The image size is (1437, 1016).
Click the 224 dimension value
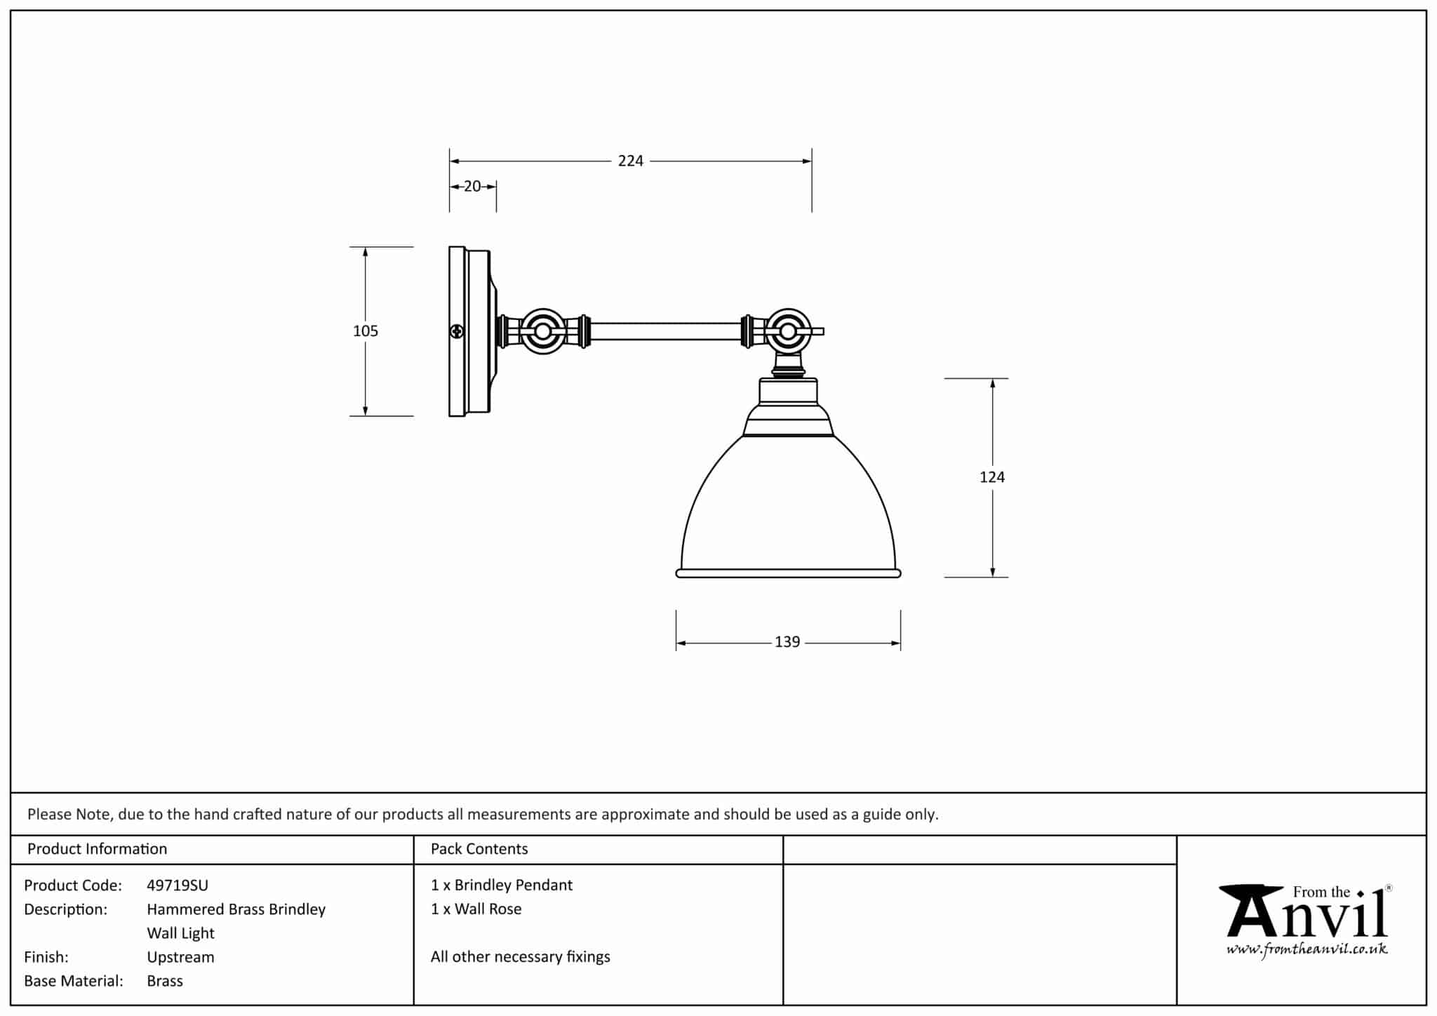[x=630, y=161]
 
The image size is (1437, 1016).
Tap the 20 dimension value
[x=472, y=187]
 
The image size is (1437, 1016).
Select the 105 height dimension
[x=366, y=331]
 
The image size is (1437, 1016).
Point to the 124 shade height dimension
[x=991, y=477]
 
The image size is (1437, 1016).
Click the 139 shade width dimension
[x=787, y=642]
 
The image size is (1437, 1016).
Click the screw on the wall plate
[x=457, y=331]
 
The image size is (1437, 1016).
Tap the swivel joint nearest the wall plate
[x=542, y=331]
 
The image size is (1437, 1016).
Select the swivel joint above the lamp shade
[x=788, y=331]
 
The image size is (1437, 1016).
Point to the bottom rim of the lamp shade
[x=788, y=573]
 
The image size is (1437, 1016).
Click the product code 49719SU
[x=178, y=885]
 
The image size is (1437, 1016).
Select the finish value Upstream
[x=180, y=957]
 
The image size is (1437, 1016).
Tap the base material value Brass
[x=165, y=981]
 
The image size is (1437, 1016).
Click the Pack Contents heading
[x=479, y=849]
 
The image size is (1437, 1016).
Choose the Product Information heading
[x=97, y=849]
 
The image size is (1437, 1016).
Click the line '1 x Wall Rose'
[x=476, y=909]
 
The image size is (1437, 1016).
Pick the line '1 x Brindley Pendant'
[x=502, y=885]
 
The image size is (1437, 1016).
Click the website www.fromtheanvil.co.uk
[x=1306, y=950]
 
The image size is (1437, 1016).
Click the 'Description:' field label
[x=65, y=909]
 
